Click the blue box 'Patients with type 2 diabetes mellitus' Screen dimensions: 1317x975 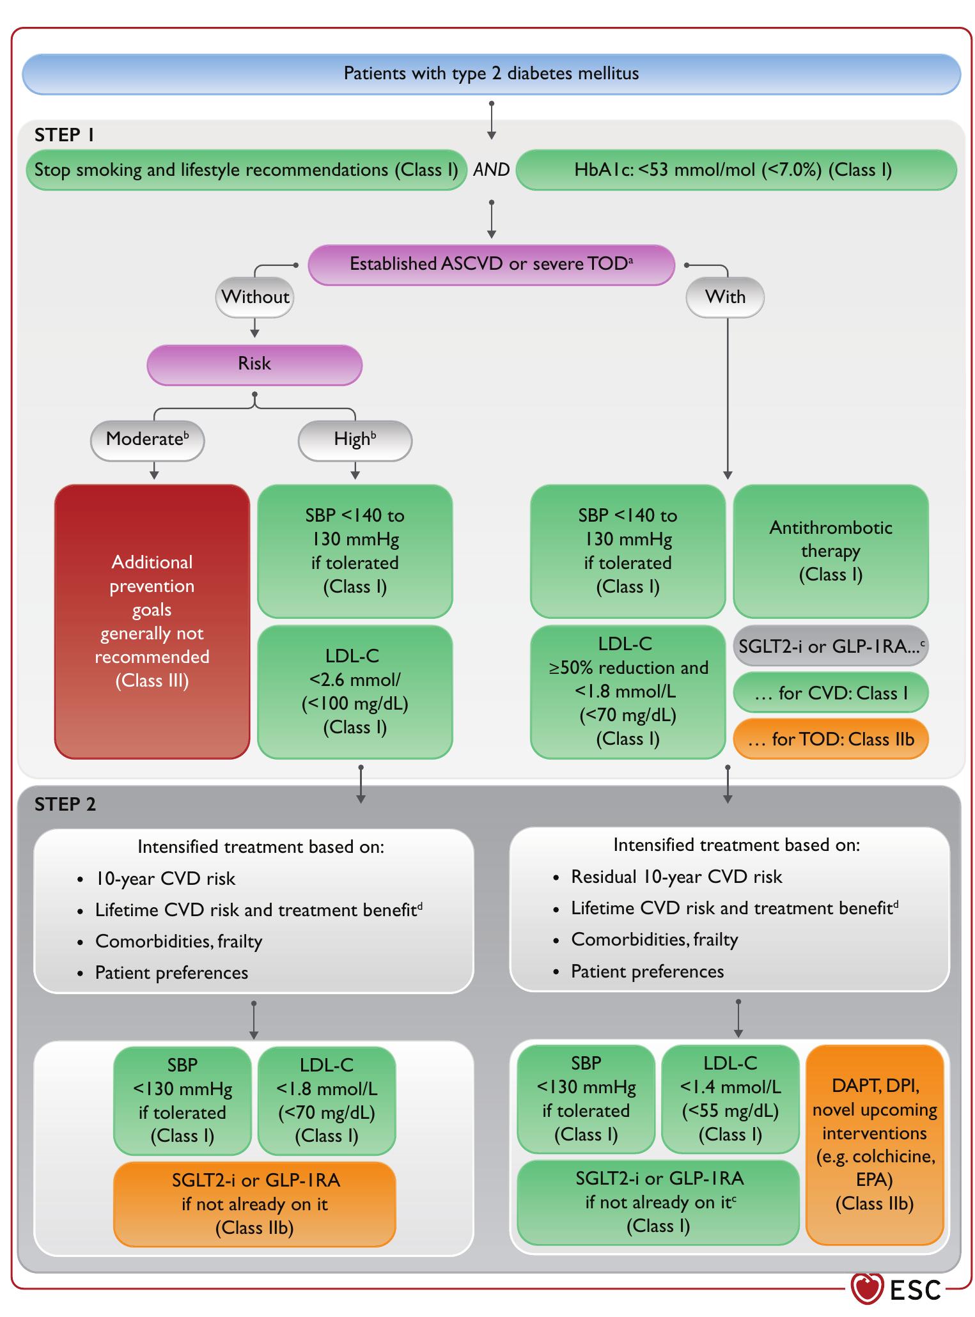491,74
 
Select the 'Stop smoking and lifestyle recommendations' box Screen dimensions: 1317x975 246,170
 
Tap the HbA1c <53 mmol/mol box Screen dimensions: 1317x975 735,170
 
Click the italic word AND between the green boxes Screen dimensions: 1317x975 491,170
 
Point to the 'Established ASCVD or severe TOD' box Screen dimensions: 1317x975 491,264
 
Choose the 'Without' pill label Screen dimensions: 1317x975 254,297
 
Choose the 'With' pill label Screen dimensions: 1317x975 724,297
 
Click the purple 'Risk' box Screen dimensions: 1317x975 254,364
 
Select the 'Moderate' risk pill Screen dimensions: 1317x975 147,440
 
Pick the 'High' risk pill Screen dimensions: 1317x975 355,440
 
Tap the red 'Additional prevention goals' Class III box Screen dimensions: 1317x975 152,621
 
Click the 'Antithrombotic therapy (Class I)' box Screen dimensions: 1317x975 831,551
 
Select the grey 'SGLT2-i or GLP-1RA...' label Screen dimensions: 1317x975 831,646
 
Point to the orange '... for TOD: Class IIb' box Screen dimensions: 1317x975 831,740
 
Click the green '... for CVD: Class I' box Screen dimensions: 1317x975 831,693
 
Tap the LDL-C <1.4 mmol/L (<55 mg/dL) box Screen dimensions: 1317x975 730,1099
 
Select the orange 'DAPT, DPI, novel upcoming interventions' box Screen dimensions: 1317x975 875,1144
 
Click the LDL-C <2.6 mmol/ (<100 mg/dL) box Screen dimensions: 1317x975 355,692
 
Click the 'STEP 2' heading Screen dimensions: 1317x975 65,804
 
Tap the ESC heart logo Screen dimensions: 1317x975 868,1288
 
